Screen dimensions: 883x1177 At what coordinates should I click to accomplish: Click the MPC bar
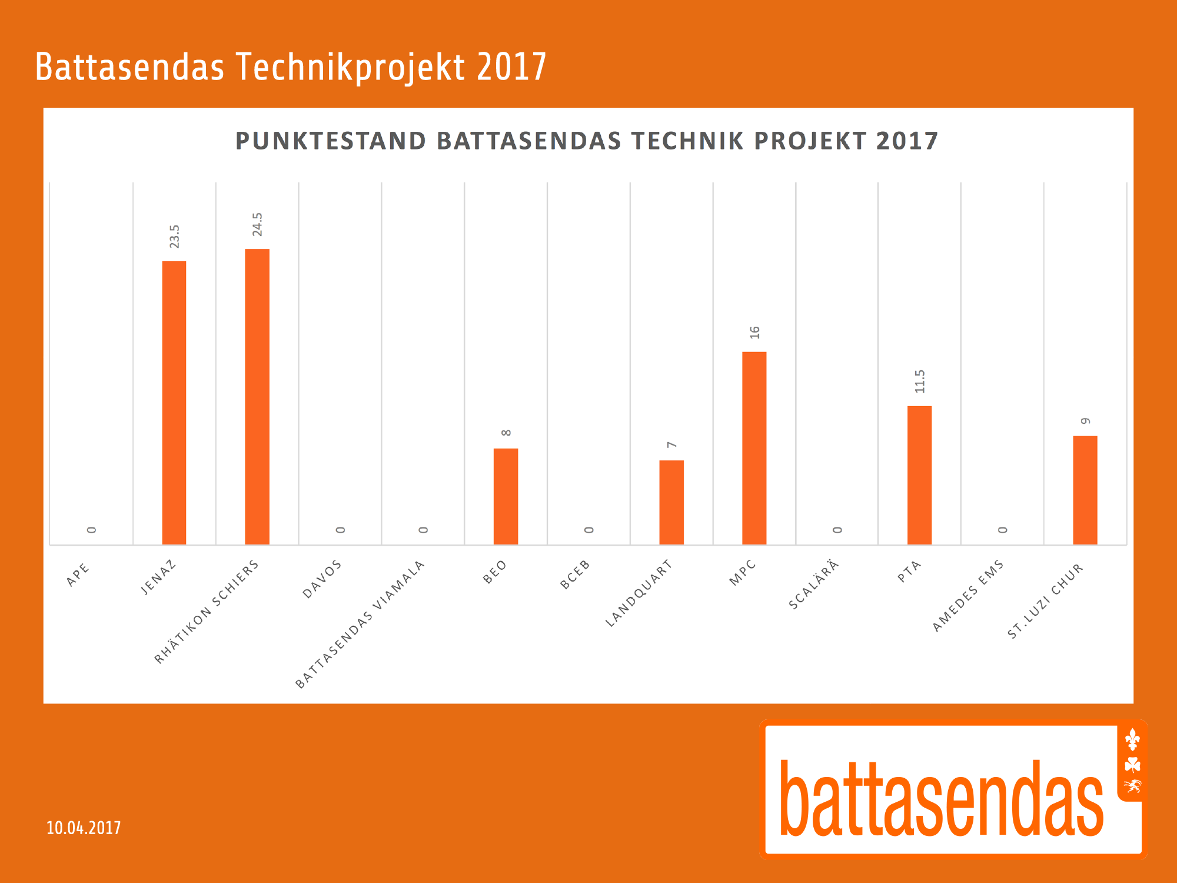754,448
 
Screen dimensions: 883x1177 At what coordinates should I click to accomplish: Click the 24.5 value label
258,224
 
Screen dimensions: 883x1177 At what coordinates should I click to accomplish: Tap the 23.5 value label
175,236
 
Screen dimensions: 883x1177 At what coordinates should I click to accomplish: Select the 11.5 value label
920,381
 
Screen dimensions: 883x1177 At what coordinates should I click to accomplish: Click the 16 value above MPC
755,333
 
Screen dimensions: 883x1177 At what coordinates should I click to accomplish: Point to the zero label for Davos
341,530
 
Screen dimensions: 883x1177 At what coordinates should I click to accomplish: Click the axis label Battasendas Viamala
360,625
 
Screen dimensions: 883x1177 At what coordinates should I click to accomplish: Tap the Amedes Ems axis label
968,596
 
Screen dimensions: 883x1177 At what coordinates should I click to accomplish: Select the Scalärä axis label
813,585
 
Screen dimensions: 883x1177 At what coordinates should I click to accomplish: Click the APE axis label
78,575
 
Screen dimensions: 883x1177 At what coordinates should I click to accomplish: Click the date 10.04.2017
84,828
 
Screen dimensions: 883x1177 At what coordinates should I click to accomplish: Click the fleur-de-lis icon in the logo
1132,740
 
